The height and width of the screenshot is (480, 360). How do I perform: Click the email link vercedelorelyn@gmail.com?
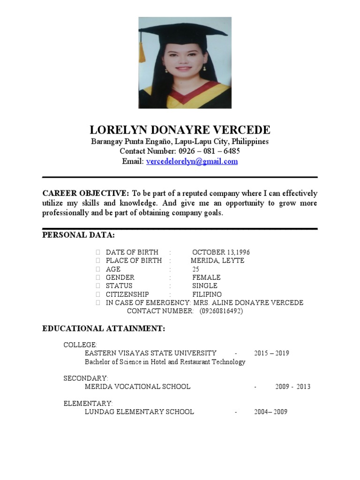[192, 162]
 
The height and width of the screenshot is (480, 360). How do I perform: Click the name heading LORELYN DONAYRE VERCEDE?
[180, 130]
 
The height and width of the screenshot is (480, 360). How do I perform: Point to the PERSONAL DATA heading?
[78, 234]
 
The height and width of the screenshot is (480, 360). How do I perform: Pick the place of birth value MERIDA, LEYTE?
[217, 261]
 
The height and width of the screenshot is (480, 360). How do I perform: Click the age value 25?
[195, 269]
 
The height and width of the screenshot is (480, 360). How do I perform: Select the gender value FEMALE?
[206, 277]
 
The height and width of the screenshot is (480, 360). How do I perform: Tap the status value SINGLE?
[205, 286]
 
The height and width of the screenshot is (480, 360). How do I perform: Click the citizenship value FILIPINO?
[207, 294]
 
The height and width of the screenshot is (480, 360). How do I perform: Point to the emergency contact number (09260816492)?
[221, 311]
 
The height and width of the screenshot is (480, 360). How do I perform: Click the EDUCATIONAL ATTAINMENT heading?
[104, 329]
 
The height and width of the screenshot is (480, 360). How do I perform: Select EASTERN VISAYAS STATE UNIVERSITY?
[150, 353]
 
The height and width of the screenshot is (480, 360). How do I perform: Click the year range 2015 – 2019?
[271, 353]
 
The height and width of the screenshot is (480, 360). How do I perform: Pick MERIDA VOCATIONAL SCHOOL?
[137, 387]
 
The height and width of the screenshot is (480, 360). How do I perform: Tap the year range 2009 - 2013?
[292, 387]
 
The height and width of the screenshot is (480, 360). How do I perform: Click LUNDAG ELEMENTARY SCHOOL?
[139, 412]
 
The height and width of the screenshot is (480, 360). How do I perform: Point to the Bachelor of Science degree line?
[165, 362]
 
